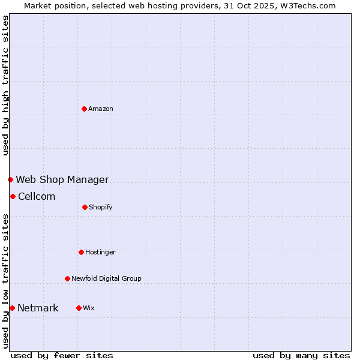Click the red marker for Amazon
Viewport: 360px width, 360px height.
pos(85,109)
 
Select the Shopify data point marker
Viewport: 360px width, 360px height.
pos(85,207)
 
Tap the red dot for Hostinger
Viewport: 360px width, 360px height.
pos(81,252)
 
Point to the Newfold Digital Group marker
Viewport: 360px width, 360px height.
pos(67,278)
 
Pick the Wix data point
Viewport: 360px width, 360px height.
pos(79,308)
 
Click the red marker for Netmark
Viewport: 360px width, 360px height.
pos(12,308)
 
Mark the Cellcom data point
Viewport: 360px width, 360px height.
pos(13,196)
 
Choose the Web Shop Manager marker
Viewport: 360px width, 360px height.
pos(10,179)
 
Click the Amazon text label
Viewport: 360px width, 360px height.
pos(101,109)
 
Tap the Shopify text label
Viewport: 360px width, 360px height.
pos(101,207)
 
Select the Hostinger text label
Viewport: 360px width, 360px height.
pos(100,252)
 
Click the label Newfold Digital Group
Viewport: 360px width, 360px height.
pos(107,278)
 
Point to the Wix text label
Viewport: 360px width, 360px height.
pos(89,308)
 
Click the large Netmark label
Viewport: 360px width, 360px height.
pos(38,308)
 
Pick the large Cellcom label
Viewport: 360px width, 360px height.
pos(37,196)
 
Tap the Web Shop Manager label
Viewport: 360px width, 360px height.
pos(62,179)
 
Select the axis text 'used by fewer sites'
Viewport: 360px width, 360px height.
pos(62,355)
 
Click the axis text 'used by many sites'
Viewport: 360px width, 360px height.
pos(301,355)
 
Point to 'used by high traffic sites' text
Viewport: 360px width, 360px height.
pos(5,85)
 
